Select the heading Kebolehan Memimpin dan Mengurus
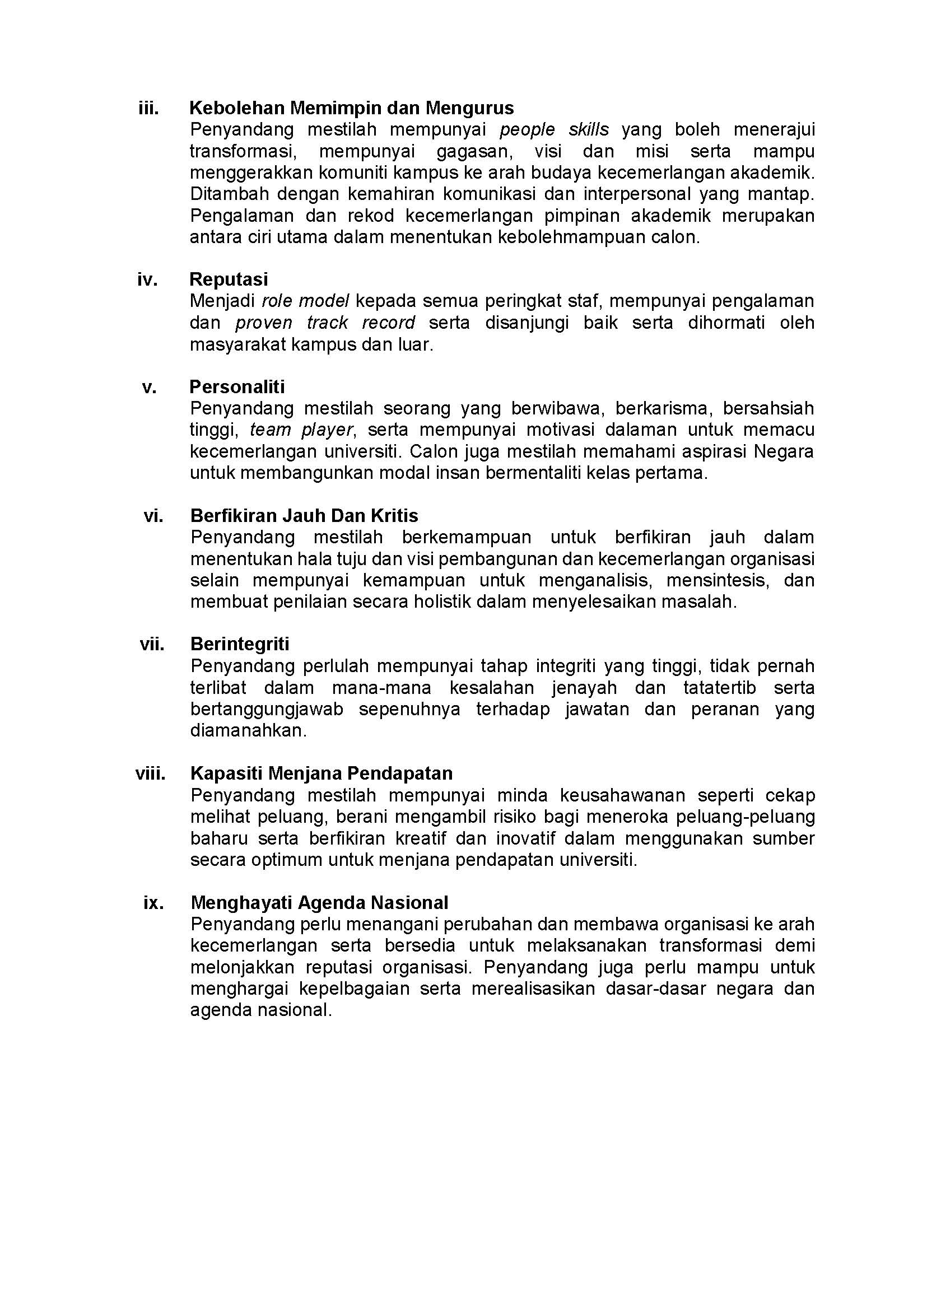(x=351, y=108)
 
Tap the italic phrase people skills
(x=554, y=129)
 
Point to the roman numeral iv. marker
(x=147, y=279)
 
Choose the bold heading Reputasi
(x=229, y=279)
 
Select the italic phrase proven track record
(x=325, y=323)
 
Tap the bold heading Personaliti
(x=237, y=387)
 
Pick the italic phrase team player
(x=301, y=430)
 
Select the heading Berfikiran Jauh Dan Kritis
(x=304, y=516)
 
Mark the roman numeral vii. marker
(x=152, y=645)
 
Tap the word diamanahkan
(x=248, y=731)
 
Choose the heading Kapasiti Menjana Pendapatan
(x=321, y=773)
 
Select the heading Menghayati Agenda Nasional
(x=319, y=902)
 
